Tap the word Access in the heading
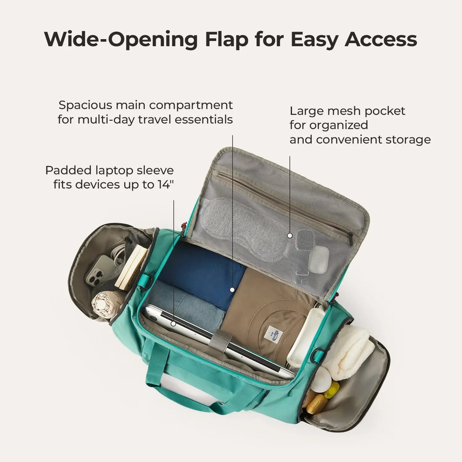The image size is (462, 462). [381, 39]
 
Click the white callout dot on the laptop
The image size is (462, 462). [174, 324]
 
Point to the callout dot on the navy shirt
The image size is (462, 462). [232, 290]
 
